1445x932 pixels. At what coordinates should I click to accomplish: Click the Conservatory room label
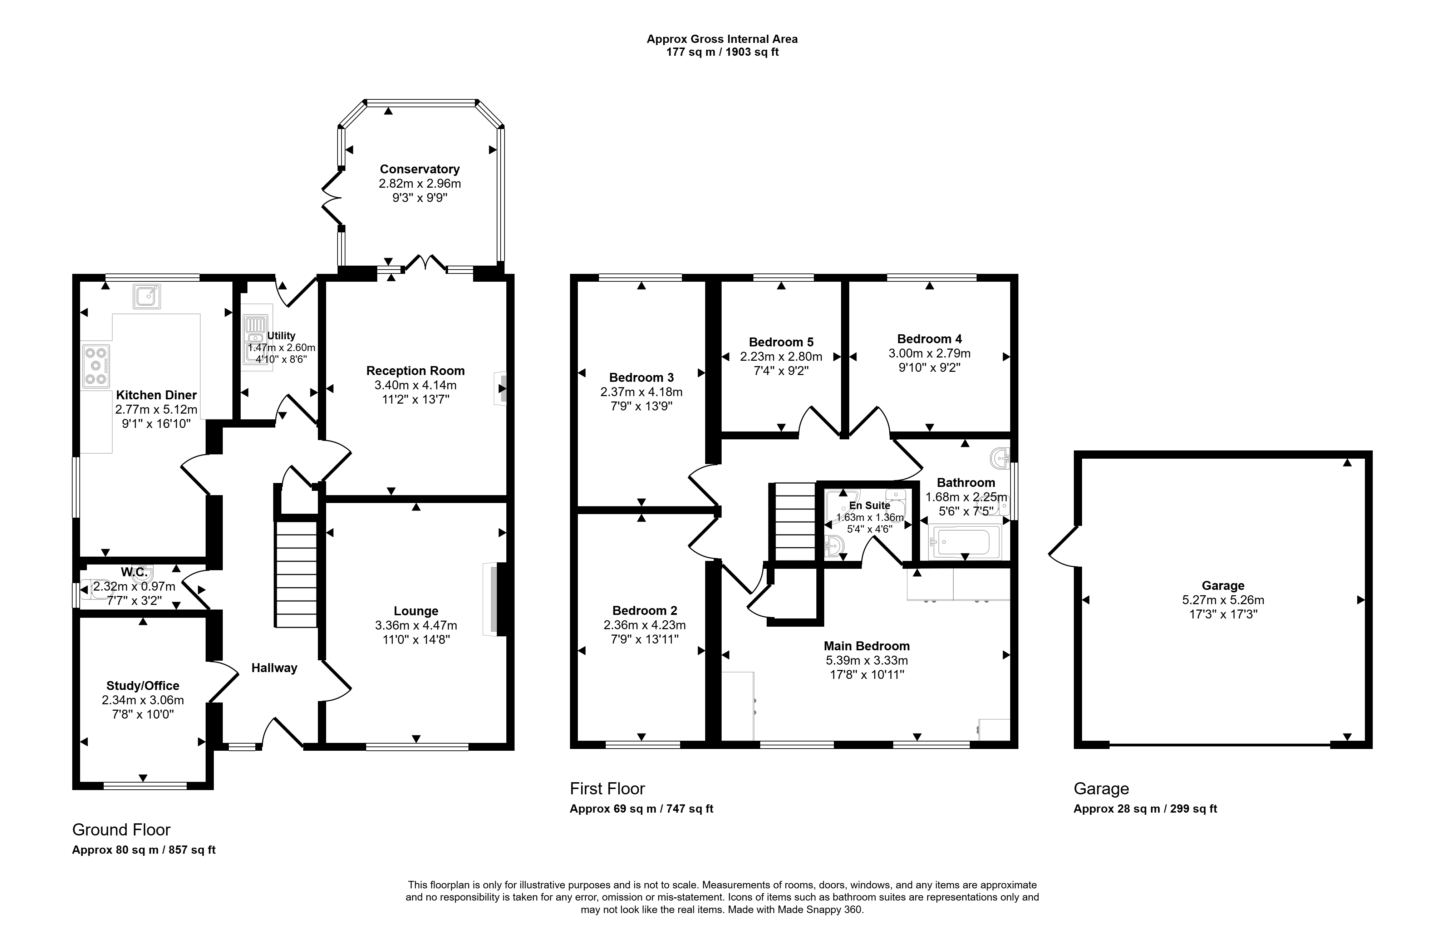click(419, 169)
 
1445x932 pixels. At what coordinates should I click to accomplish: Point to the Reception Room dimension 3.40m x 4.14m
click(415, 385)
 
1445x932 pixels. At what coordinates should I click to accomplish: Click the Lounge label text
click(416, 611)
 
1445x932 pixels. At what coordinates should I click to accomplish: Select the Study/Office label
click(143, 686)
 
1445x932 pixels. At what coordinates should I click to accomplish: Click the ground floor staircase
click(297, 574)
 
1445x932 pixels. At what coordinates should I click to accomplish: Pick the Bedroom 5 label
click(781, 342)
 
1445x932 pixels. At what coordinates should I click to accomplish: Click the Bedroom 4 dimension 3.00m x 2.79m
click(929, 354)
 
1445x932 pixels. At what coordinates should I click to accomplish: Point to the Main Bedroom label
click(866, 646)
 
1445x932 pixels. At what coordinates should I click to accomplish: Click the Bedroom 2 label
click(645, 611)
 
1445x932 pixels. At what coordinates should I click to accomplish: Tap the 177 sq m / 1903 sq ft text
click(722, 52)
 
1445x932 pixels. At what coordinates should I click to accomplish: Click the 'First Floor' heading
click(607, 789)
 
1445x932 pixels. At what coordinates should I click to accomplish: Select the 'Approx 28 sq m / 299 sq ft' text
click(1145, 809)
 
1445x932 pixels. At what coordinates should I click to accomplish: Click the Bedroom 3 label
click(641, 377)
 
